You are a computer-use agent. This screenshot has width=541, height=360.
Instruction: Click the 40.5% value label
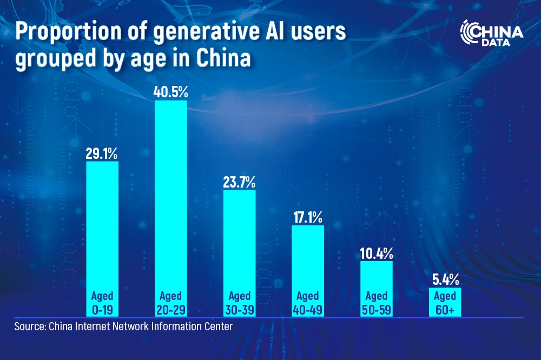click(x=170, y=91)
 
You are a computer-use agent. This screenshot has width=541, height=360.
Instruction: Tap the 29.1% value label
click(x=102, y=153)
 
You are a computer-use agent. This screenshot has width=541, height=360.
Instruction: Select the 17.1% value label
click(x=307, y=217)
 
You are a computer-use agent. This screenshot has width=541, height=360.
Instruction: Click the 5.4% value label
click(x=445, y=279)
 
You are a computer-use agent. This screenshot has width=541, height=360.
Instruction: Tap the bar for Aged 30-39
click(x=239, y=238)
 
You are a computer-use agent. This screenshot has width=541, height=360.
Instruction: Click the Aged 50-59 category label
click(x=376, y=303)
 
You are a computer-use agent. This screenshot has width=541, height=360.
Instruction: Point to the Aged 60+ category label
click(x=445, y=303)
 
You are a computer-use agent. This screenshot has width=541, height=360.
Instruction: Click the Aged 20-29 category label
click(x=170, y=303)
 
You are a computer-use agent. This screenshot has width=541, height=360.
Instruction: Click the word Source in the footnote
click(x=30, y=326)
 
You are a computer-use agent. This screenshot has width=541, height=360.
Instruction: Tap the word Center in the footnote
click(x=219, y=326)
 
